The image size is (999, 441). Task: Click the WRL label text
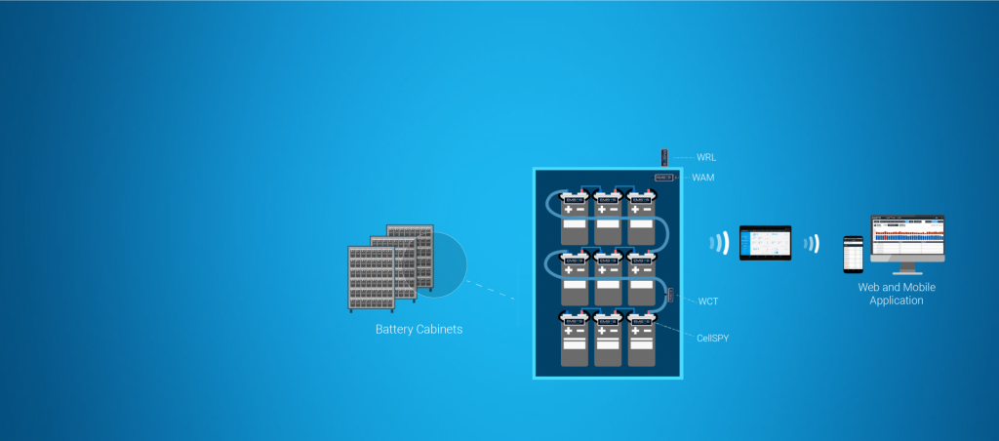(x=706, y=156)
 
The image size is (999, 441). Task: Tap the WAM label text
(x=704, y=178)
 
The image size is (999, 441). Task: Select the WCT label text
(x=708, y=301)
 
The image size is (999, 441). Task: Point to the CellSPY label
(x=713, y=338)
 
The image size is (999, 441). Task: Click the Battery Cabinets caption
(x=419, y=330)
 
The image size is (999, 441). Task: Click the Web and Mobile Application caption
(x=890, y=294)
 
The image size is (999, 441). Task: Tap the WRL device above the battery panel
(x=665, y=156)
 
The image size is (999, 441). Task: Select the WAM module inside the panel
(x=664, y=178)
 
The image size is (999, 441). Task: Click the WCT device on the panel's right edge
(x=670, y=295)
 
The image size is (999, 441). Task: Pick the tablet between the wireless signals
(x=766, y=243)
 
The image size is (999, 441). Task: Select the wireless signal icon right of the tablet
(x=811, y=243)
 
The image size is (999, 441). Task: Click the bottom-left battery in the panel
(x=574, y=341)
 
